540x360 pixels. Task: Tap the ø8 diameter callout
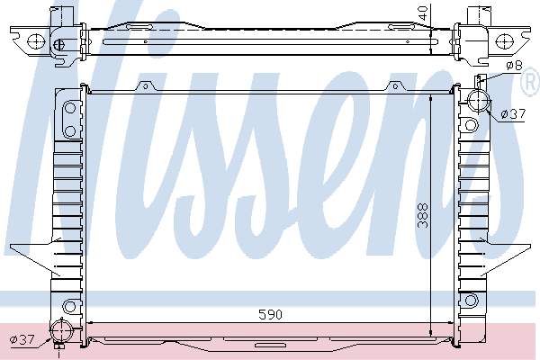point(514,66)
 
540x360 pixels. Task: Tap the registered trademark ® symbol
point(528,84)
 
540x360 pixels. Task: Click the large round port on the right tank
point(476,101)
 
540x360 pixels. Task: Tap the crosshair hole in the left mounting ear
point(36,41)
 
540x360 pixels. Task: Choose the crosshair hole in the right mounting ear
point(504,41)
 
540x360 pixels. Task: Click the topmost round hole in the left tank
point(69,111)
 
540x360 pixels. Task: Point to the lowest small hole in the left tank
point(68,304)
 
